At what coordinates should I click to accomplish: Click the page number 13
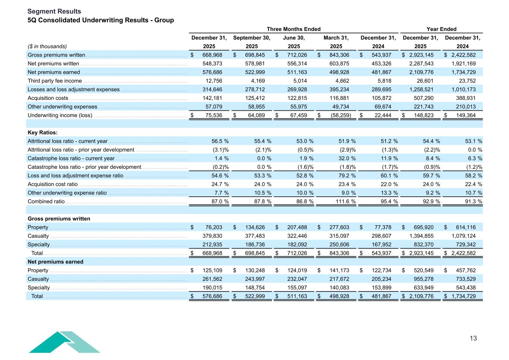coord(473,338)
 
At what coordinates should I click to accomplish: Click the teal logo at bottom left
coord(64,342)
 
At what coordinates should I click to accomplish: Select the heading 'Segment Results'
coord(54,12)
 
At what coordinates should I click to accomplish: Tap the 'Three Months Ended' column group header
coord(293,29)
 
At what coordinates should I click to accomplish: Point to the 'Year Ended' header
coord(441,29)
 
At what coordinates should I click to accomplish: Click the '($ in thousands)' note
coord(47,47)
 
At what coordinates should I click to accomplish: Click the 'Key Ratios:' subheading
coord(43,133)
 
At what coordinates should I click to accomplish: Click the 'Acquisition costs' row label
coord(48,98)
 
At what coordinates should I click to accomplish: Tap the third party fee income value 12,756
coord(214,81)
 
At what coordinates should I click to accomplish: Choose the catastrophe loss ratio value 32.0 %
coord(345,158)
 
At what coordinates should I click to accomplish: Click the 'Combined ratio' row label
coord(46,202)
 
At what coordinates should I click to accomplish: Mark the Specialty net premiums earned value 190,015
coord(212,288)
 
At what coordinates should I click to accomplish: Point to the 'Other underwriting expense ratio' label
coord(67,193)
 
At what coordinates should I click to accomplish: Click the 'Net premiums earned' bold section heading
coord(55,262)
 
